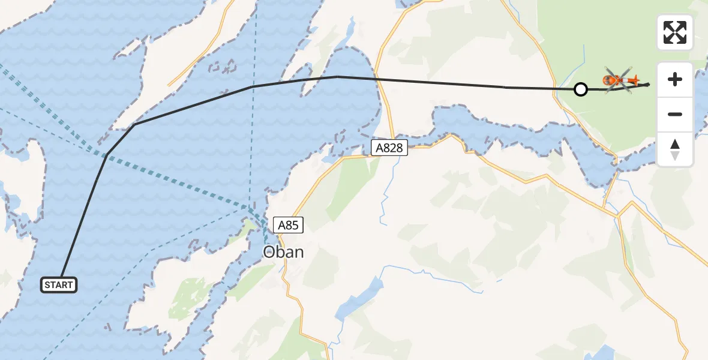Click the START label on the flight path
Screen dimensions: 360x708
[59, 285]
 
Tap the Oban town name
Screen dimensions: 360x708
[283, 252]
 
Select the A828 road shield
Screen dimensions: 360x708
[389, 148]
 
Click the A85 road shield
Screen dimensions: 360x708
[288, 225]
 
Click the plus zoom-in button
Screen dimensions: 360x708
[675, 79]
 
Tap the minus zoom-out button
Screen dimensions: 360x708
[675, 114]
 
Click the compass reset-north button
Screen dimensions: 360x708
[675, 149]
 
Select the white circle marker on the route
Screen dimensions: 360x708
[580, 89]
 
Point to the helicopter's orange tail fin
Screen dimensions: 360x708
[634, 80]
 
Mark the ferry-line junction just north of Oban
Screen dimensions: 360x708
[252, 209]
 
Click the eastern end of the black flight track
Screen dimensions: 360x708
[649, 85]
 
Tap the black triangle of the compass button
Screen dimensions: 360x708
[675, 144]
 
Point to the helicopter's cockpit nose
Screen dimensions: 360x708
[607, 80]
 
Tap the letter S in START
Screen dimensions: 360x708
[47, 285]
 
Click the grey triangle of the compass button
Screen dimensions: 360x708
[675, 156]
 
